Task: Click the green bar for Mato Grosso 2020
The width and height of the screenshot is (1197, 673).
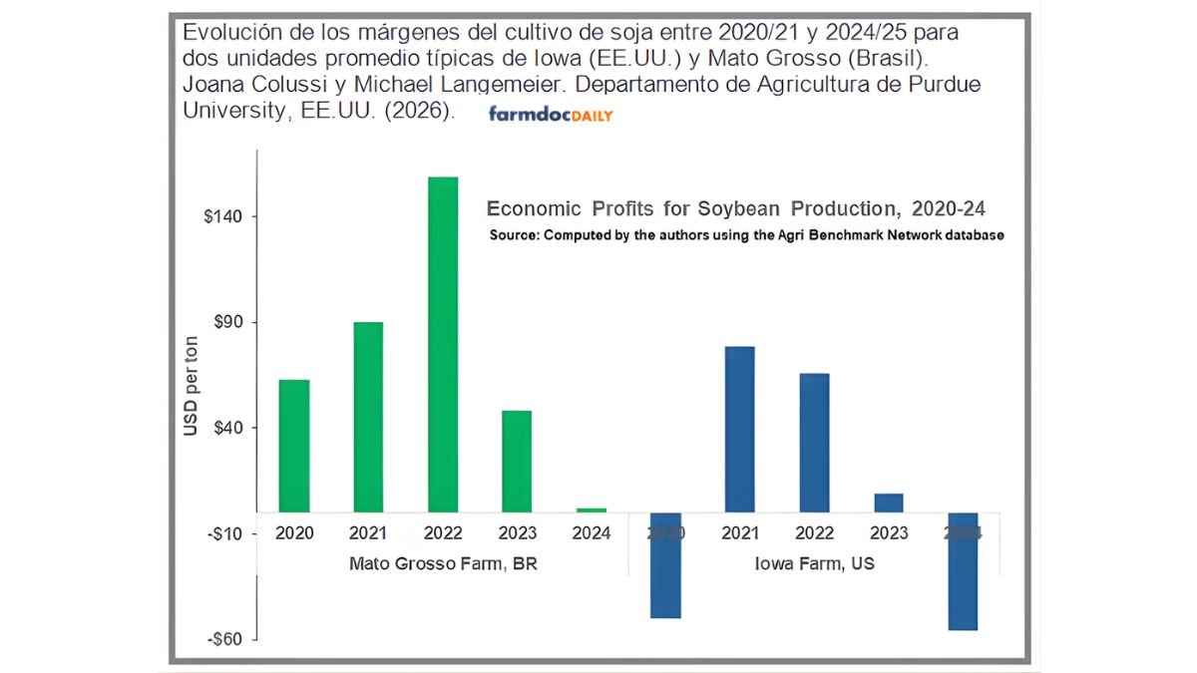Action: [294, 446]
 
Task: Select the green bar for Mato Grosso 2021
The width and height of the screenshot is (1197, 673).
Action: [368, 417]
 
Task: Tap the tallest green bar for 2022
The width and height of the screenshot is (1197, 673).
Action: [443, 344]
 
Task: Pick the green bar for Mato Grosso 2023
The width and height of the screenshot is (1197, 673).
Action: [517, 461]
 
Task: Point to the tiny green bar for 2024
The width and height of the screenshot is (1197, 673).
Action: [592, 509]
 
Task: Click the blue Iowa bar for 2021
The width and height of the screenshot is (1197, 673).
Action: [740, 429]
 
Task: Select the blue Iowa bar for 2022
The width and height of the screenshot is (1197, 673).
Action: [815, 443]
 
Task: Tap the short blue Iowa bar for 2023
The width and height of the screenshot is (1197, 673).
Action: [889, 503]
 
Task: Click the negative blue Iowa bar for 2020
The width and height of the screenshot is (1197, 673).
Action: [665, 565]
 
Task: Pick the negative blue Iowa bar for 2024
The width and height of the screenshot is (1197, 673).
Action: [964, 571]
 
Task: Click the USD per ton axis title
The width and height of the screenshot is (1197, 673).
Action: [191, 386]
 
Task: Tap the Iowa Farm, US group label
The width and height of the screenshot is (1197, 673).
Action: [814, 563]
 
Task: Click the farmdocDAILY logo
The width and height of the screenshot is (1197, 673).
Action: [551, 115]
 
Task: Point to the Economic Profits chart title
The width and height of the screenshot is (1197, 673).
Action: [736, 208]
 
